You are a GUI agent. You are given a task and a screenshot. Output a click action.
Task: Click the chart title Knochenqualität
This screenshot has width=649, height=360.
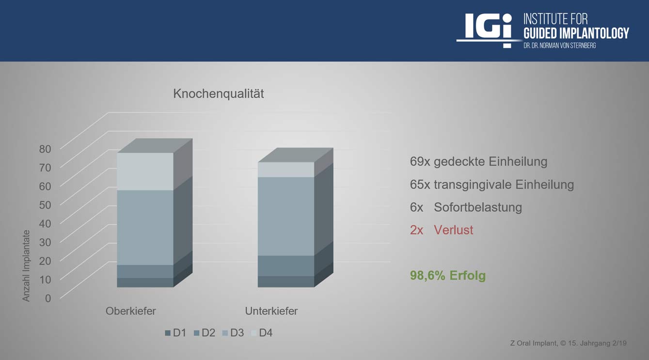click(x=219, y=94)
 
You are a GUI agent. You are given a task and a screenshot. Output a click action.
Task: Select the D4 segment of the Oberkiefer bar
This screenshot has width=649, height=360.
click(x=145, y=172)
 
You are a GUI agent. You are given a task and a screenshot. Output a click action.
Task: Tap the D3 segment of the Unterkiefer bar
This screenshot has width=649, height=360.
click(x=286, y=217)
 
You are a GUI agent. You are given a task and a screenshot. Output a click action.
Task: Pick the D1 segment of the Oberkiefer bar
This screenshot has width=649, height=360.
click(x=145, y=282)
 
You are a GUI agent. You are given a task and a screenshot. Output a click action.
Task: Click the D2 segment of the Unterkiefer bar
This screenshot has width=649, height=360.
click(x=286, y=266)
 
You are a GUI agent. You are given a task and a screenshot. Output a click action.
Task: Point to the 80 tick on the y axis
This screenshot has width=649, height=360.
click(x=45, y=149)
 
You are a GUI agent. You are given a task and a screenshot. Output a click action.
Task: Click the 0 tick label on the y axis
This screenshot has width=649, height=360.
click(x=48, y=298)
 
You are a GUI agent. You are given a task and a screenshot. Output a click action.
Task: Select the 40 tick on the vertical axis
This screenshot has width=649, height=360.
click(x=45, y=223)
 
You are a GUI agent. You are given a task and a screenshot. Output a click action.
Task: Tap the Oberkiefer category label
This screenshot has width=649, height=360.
click(x=131, y=311)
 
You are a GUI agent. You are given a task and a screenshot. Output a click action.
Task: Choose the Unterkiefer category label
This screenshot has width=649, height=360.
click(x=271, y=311)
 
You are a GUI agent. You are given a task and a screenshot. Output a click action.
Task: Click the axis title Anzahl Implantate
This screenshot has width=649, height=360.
click(x=26, y=266)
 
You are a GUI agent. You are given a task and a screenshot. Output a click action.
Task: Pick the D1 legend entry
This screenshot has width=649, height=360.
click(x=175, y=333)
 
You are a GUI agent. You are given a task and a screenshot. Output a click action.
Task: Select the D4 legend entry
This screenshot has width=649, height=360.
click(x=262, y=333)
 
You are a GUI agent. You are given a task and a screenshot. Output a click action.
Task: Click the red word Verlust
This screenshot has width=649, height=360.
click(x=454, y=230)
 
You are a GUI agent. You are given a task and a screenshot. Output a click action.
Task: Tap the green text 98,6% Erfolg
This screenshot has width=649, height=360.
click(x=448, y=275)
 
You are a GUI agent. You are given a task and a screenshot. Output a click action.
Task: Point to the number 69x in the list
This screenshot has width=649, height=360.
click(x=420, y=162)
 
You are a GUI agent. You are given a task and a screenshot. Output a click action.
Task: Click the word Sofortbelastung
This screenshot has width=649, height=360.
click(x=478, y=207)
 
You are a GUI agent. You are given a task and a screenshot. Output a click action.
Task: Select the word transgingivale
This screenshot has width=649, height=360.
click(x=473, y=185)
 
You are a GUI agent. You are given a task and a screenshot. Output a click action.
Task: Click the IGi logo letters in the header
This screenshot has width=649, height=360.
click(x=488, y=27)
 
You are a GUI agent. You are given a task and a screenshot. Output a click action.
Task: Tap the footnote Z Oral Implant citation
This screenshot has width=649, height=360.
click(x=568, y=343)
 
